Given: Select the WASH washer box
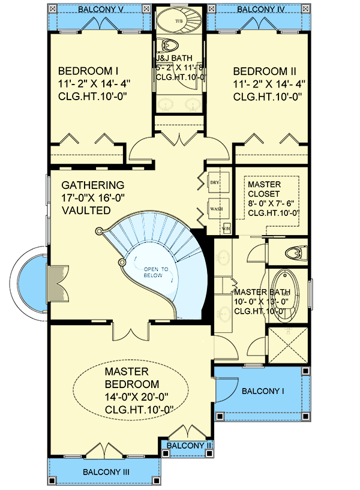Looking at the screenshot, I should pos(215,209).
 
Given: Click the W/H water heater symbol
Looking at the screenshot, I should pos(226,227).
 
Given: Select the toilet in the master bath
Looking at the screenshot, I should pos(295,252).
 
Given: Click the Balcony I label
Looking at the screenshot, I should pos(262,391).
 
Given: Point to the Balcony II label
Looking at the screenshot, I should pos(188,446).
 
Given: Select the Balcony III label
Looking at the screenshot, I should pos(106,471).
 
